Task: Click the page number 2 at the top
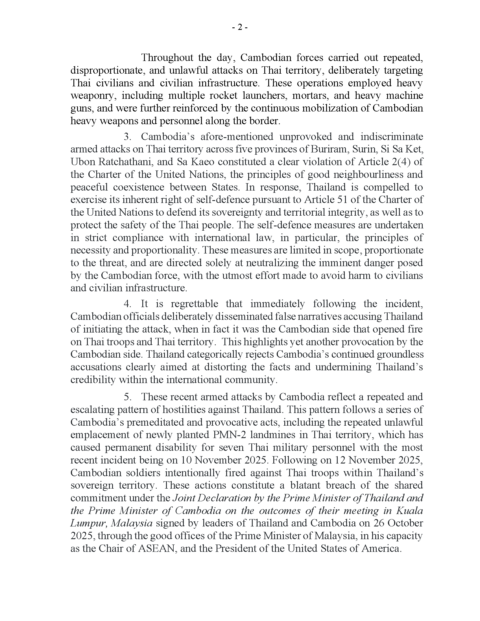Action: click(x=240, y=27)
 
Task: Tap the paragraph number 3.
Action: click(x=127, y=137)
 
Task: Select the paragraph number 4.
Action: click(x=127, y=304)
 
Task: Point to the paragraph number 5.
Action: click(x=127, y=397)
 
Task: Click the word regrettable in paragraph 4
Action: click(x=194, y=304)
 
